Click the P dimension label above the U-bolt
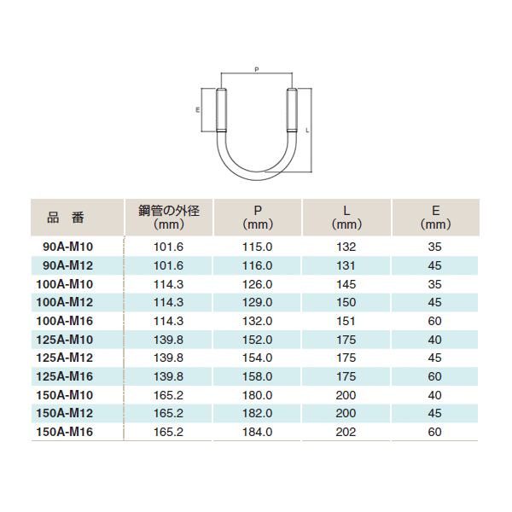257,69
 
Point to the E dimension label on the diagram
198,110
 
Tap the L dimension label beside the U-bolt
307,131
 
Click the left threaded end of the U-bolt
221,110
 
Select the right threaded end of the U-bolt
292,110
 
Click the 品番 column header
66,218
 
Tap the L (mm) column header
346,217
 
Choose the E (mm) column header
435,217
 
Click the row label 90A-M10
68,247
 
